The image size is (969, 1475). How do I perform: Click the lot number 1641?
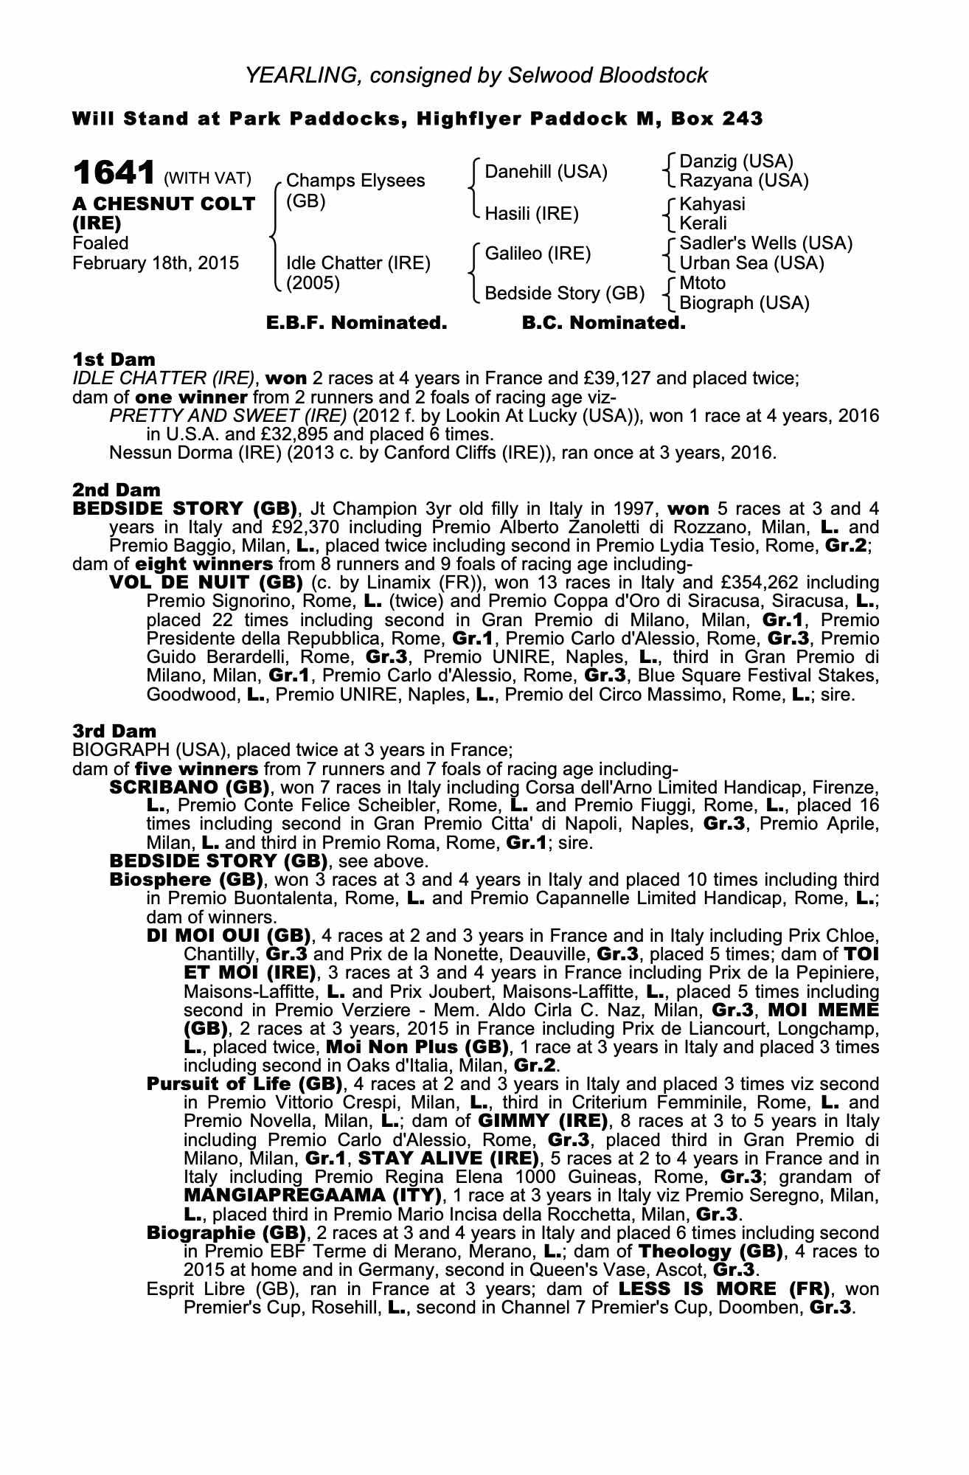[x=114, y=175]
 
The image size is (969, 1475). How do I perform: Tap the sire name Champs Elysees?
[x=355, y=181]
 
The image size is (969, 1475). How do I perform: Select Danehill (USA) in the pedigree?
[x=546, y=172]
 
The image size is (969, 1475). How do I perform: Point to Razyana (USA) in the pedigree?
[x=744, y=181]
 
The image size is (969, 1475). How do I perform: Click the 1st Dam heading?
[x=114, y=359]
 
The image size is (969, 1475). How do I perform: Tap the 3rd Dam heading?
[x=114, y=731]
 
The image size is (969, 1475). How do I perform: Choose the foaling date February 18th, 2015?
[x=156, y=263]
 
